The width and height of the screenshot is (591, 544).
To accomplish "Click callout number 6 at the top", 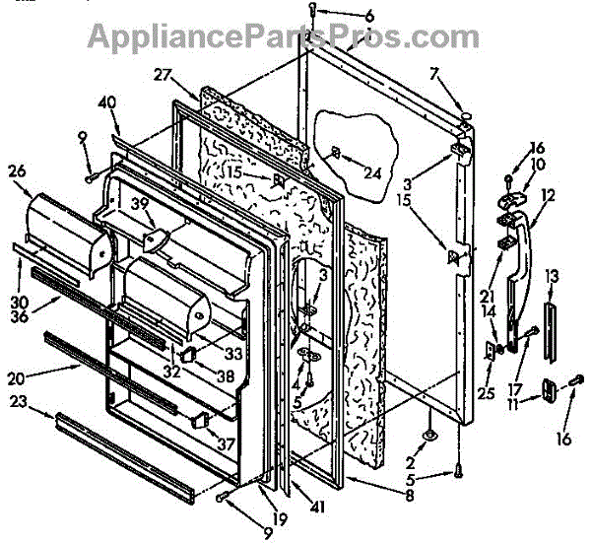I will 342,16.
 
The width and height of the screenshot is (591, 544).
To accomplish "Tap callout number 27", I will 164,74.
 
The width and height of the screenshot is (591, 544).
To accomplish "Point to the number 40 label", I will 107,101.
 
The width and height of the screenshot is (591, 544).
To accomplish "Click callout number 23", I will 46,400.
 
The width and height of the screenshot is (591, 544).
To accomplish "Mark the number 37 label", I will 227,444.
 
